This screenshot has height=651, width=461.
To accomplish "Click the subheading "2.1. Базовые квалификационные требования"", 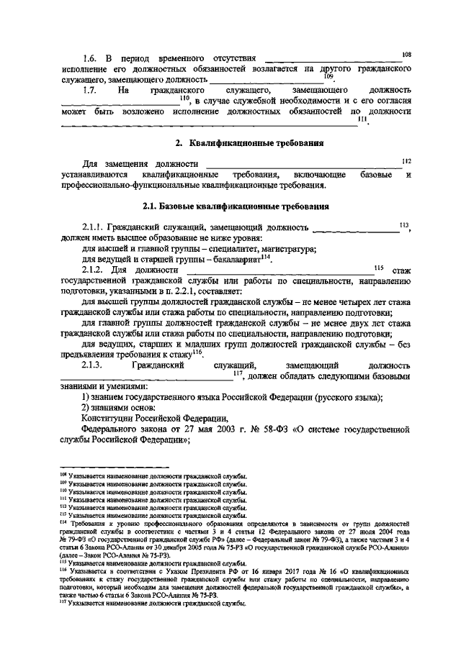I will point(236,206).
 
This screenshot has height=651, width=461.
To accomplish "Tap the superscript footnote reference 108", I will point(407,53).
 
